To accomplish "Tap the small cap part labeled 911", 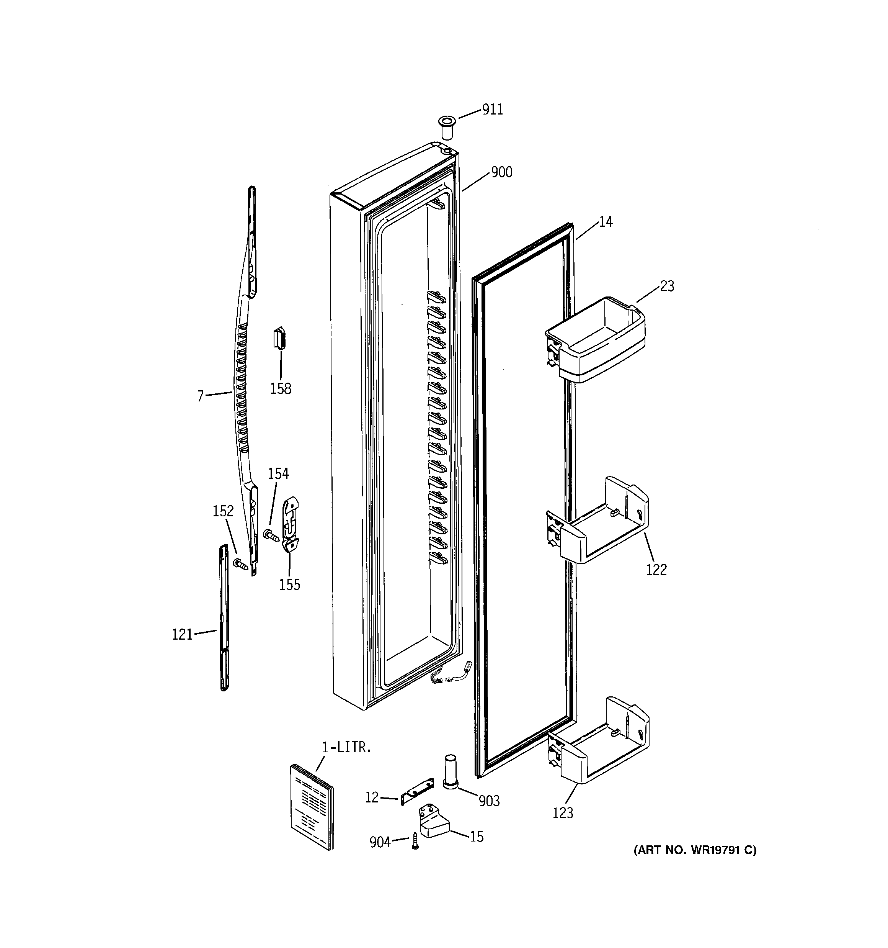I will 446,126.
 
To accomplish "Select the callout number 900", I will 501,172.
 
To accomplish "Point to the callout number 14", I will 606,222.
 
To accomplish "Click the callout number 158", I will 281,389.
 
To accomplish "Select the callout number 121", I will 182,635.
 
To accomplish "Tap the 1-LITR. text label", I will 346,748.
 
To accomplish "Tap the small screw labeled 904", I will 415,841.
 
